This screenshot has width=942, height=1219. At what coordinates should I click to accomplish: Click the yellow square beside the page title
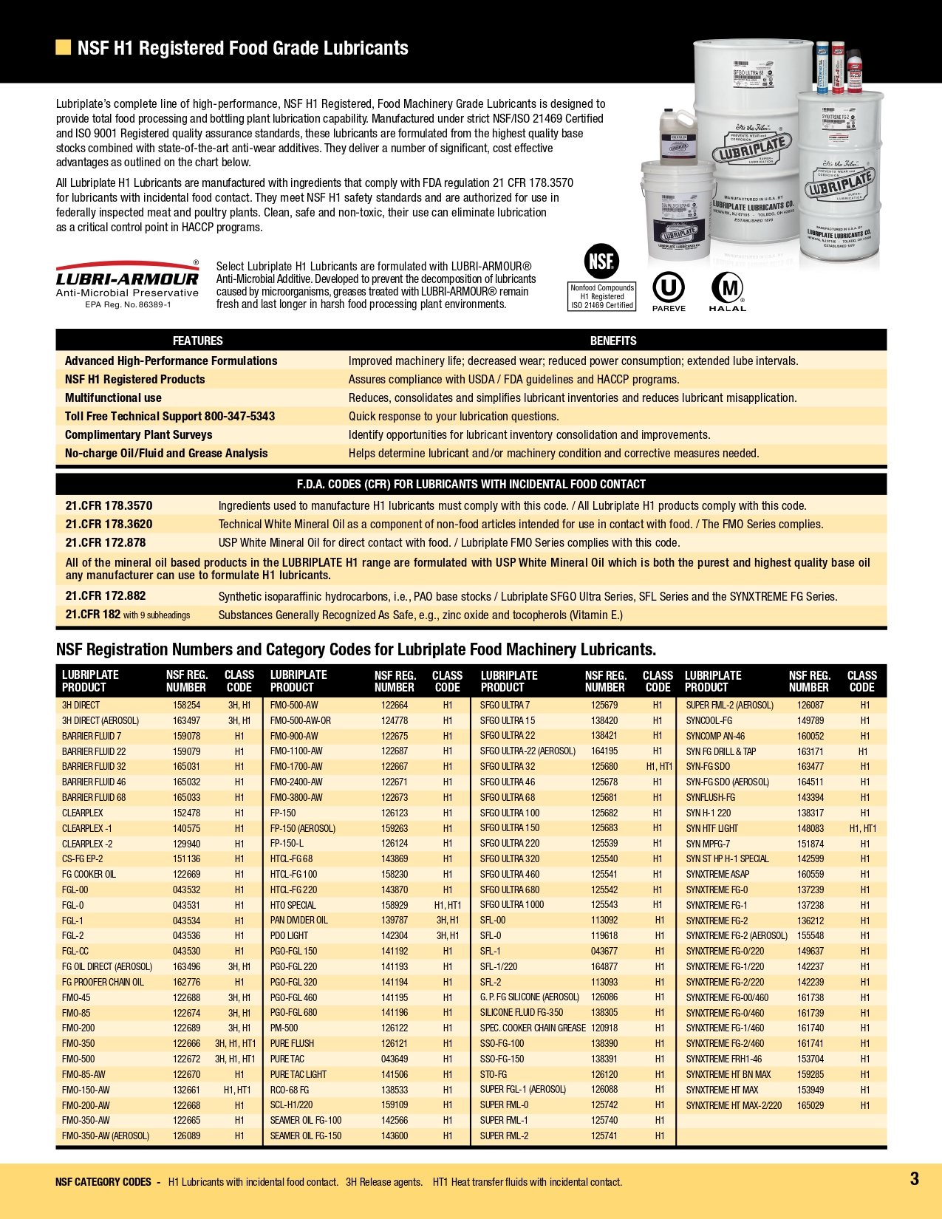coord(63,48)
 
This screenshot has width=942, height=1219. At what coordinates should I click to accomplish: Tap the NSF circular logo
coord(601,262)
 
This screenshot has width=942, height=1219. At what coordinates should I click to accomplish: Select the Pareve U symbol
coord(669,287)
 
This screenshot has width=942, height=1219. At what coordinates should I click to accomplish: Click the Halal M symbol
coord(728,287)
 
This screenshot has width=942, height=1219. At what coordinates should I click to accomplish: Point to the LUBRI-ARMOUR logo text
coord(127,279)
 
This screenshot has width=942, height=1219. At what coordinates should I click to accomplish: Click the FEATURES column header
coord(197,341)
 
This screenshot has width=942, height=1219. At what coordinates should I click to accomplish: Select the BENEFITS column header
coord(612,341)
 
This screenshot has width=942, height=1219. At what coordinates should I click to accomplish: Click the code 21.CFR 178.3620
coord(109,524)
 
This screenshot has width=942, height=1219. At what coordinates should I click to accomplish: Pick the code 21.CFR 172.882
coord(106,595)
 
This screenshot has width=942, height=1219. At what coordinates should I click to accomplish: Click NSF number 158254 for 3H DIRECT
coord(186,705)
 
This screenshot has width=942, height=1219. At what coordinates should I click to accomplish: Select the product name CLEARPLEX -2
coord(87,844)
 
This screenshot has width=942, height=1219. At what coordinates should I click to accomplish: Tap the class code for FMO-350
coord(235,1043)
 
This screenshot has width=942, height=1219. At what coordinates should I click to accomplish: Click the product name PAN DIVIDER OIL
coord(298,920)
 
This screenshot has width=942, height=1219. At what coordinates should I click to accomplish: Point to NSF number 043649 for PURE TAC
coord(394,1059)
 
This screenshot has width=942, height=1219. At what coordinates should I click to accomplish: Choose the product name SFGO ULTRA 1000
coord(511,905)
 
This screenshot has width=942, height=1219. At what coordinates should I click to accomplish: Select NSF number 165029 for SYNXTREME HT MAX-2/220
coord(810,1105)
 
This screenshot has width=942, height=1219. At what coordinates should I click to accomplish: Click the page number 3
coord(914,1178)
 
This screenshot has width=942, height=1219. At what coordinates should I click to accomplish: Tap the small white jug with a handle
coord(678,134)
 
